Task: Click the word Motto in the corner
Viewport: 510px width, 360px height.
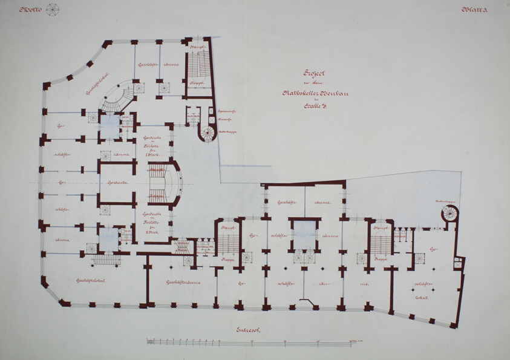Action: pyautogui.click(x=30, y=10)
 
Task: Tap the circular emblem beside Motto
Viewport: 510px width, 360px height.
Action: pyautogui.click(x=53, y=10)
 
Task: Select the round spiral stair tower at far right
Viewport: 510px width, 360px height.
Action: pyautogui.click(x=450, y=213)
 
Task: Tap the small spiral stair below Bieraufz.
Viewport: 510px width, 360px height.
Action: pyautogui.click(x=208, y=133)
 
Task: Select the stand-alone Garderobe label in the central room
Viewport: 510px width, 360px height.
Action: pyautogui.click(x=116, y=183)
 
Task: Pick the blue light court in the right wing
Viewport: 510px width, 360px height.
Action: pyautogui.click(x=304, y=233)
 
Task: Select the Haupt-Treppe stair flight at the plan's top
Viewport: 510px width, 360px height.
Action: pyautogui.click(x=198, y=65)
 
